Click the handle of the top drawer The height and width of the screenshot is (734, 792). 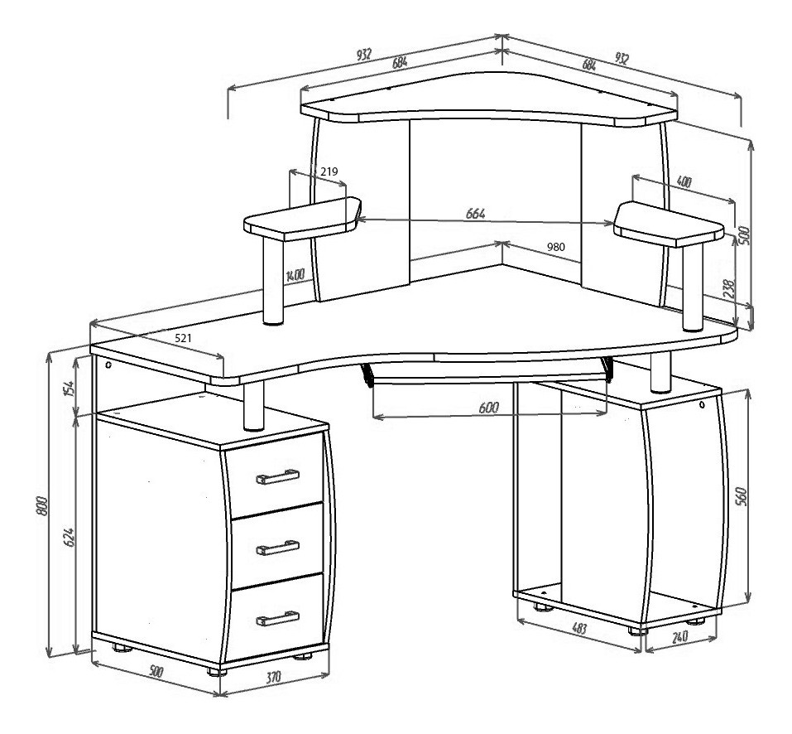coord(277,476)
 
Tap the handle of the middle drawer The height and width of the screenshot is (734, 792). coord(277,547)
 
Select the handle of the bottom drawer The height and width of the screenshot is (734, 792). coord(277,618)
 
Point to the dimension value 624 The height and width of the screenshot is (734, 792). coord(69,538)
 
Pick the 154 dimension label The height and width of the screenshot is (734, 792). coord(69,389)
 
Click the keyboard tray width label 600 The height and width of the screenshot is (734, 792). coord(488,408)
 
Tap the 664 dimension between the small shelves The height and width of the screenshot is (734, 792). coord(475,214)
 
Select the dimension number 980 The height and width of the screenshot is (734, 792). coord(555,247)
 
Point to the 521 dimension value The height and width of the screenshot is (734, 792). coord(183,338)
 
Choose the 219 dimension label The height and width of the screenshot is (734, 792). coord(329,171)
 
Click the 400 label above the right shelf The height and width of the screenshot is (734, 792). coord(684,182)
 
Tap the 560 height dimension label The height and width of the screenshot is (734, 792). coord(741,497)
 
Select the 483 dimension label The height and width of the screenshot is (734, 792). coord(579,628)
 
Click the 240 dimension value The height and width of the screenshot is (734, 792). coord(680,636)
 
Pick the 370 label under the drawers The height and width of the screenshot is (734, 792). coord(273,677)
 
